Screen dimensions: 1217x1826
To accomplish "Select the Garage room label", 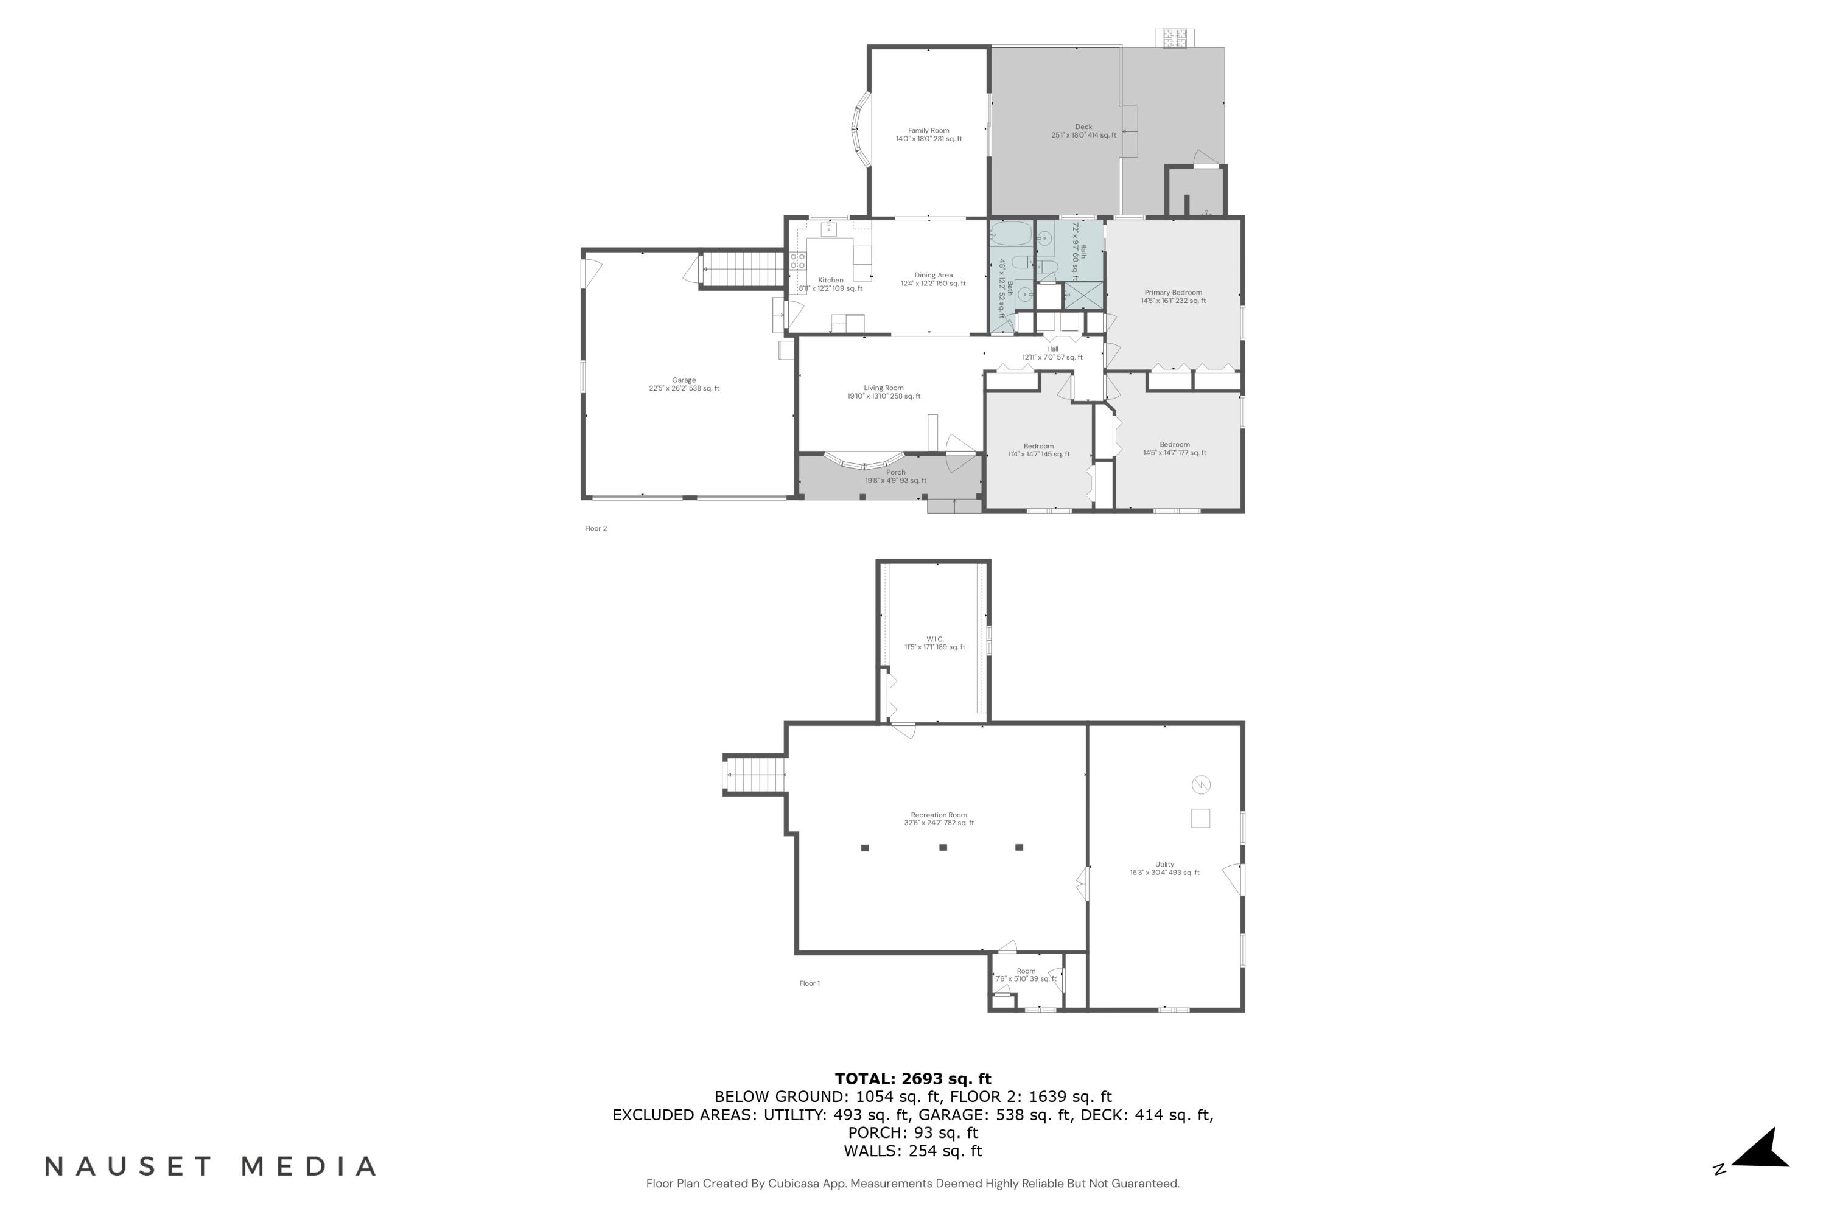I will click(684, 380).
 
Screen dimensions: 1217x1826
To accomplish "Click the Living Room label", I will click(884, 388).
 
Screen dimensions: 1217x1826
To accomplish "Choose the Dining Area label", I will click(933, 276).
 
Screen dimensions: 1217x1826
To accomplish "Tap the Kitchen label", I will click(831, 280).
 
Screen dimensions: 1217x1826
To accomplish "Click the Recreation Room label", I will click(939, 815).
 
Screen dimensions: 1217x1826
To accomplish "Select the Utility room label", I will click(1164, 864).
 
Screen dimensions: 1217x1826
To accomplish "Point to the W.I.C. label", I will click(935, 640).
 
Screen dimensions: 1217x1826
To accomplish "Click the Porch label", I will click(896, 472).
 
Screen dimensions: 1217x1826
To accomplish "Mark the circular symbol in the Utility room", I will click(1200, 785).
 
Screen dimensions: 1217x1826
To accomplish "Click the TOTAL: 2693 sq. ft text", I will click(913, 1078).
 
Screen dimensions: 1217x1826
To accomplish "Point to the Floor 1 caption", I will click(809, 983).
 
